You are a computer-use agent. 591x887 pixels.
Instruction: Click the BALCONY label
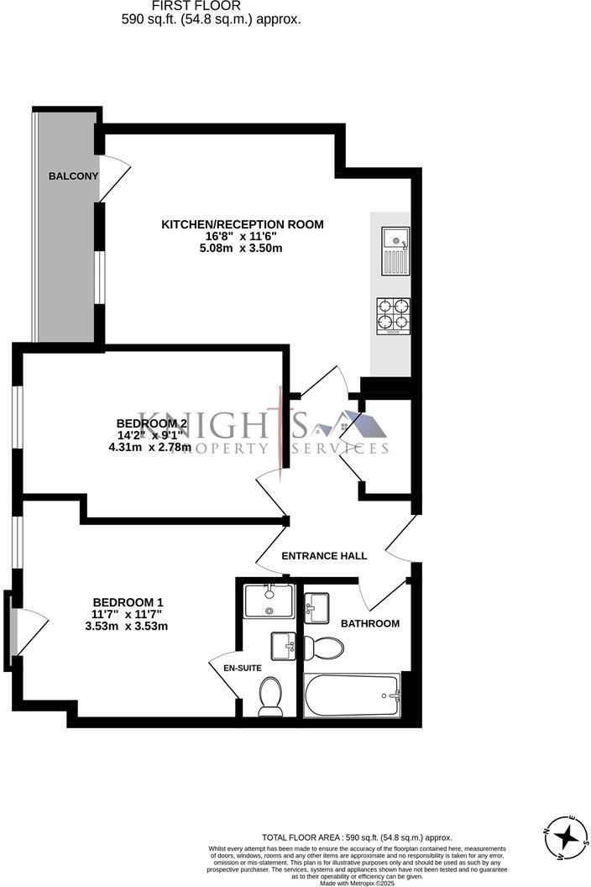click(x=73, y=176)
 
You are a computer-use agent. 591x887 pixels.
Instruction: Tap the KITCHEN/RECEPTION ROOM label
click(x=242, y=224)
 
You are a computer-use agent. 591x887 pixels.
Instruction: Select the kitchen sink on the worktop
click(x=395, y=251)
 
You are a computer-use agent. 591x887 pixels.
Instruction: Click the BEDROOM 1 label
click(x=128, y=602)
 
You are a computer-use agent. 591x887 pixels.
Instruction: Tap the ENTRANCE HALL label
click(x=324, y=555)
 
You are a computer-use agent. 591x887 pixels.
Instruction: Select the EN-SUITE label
click(x=243, y=668)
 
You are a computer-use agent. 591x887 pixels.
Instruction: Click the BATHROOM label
click(x=369, y=623)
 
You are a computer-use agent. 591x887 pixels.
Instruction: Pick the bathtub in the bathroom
click(x=353, y=695)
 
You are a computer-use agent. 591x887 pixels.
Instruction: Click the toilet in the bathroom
click(x=324, y=648)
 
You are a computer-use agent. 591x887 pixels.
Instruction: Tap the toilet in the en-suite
click(x=270, y=696)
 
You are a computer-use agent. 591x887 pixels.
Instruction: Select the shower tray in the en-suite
click(x=269, y=601)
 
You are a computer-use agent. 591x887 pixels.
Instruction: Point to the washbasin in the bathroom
click(x=317, y=607)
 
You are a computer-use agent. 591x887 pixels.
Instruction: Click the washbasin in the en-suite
click(x=283, y=647)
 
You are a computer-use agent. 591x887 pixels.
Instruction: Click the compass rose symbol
click(x=567, y=837)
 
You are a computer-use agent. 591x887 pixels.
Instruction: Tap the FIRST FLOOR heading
click(x=210, y=6)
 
